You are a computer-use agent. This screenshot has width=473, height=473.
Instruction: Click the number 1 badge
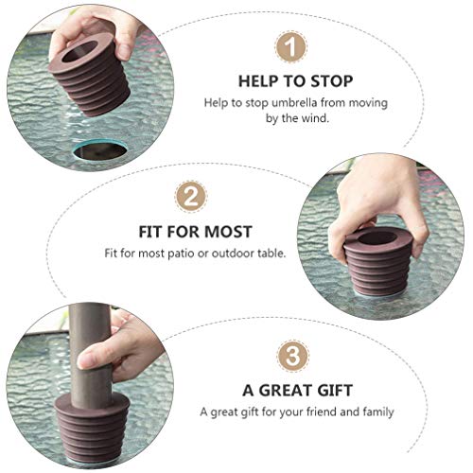point(290,47)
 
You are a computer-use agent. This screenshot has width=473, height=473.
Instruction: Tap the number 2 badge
point(191,197)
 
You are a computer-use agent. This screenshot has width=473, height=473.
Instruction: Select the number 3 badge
point(292,357)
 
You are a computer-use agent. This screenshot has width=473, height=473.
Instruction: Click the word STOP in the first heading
point(332,81)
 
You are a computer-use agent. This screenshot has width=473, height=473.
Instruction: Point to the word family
point(378,412)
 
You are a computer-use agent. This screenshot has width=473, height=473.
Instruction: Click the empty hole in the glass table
point(100,149)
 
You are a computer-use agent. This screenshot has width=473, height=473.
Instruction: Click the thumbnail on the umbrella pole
point(87,359)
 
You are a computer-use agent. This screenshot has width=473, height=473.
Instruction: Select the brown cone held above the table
point(90,75)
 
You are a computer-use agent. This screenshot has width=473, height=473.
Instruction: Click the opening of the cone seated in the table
point(376,236)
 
